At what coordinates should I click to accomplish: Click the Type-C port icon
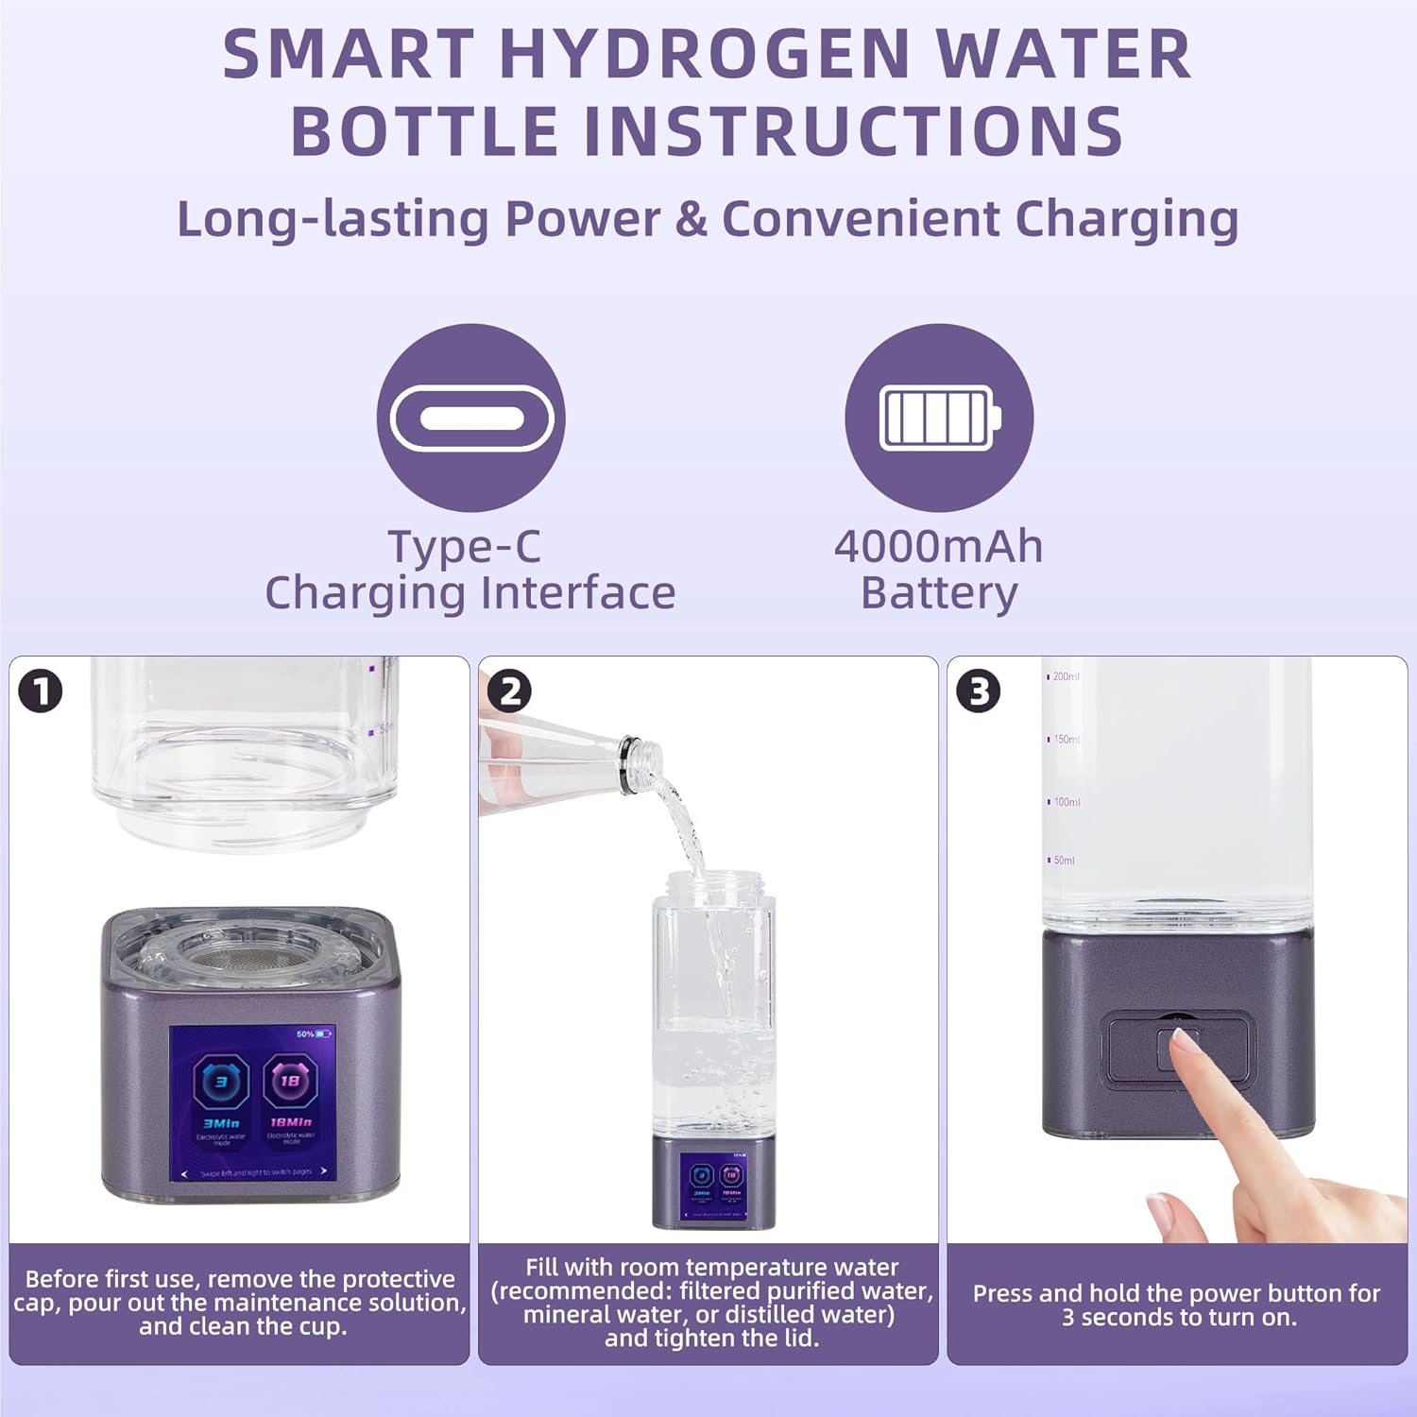click(470, 418)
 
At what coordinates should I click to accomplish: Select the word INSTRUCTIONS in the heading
click(854, 130)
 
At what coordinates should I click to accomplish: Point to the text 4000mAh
click(938, 546)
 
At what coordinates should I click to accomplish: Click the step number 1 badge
click(41, 691)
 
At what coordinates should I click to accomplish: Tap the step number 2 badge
click(510, 691)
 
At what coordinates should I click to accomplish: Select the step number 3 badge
click(979, 691)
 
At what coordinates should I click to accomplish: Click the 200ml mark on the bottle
click(1065, 676)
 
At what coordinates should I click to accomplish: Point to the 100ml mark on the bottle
click(1066, 802)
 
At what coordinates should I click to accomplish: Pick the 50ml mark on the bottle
click(1063, 861)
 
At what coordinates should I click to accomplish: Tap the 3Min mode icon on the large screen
click(221, 1083)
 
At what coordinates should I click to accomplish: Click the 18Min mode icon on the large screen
click(290, 1083)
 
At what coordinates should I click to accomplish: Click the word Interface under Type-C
click(577, 593)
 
